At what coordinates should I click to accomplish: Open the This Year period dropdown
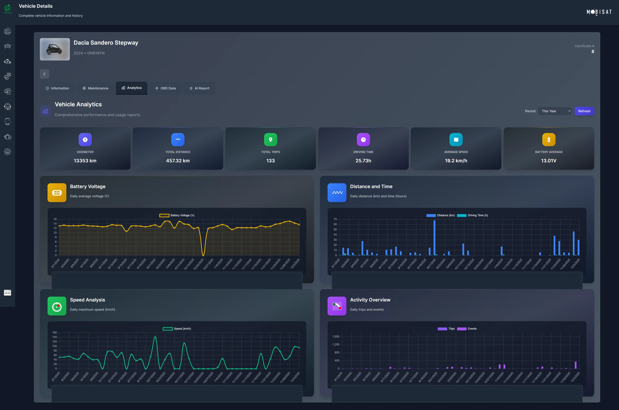555,111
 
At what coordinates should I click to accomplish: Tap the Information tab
57,88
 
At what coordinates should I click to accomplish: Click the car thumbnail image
55,49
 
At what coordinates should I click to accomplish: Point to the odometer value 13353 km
85,161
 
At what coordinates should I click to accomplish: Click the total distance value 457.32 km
178,161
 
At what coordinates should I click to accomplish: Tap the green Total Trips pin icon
271,140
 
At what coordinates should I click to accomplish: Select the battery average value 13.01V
549,161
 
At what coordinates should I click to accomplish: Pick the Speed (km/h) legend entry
177,329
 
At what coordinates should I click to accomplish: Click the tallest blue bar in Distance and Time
434,237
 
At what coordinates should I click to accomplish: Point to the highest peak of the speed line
155,337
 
